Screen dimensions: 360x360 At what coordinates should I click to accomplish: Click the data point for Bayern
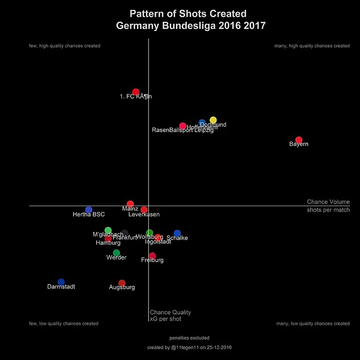point(298,140)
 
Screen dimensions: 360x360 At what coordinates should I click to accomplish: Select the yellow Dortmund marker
point(213,120)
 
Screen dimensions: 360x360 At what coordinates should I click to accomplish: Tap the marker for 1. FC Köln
point(136,92)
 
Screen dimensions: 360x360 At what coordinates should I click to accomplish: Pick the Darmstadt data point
point(61,282)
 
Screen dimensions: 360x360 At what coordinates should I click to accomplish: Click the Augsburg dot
point(122,283)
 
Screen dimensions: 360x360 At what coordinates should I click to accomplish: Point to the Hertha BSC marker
point(89,210)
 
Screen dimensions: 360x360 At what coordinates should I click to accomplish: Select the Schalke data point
point(177,233)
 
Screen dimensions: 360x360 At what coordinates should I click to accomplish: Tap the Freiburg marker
point(152,256)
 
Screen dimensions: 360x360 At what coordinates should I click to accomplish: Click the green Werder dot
point(116,253)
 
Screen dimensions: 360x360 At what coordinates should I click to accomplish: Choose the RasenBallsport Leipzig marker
point(182,126)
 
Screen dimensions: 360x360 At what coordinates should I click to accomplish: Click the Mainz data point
point(130,204)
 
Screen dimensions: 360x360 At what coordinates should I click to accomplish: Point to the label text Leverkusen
point(144,215)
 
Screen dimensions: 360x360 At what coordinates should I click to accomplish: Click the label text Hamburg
point(108,243)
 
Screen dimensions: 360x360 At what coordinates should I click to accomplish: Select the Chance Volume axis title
point(328,202)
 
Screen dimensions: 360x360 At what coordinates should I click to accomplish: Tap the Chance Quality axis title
point(170,312)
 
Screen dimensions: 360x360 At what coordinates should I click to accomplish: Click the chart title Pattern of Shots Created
point(187,14)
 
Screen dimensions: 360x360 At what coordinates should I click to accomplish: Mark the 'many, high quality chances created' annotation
point(312,46)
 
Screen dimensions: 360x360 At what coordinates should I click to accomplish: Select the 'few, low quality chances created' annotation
point(64,324)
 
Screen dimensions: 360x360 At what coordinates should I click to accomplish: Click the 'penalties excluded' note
point(189,338)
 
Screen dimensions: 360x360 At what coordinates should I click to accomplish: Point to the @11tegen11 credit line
point(189,347)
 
